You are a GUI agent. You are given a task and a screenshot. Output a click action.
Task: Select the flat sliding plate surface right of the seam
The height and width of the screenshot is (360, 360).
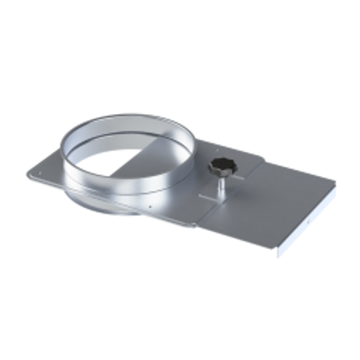pyautogui.click(x=282, y=198)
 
